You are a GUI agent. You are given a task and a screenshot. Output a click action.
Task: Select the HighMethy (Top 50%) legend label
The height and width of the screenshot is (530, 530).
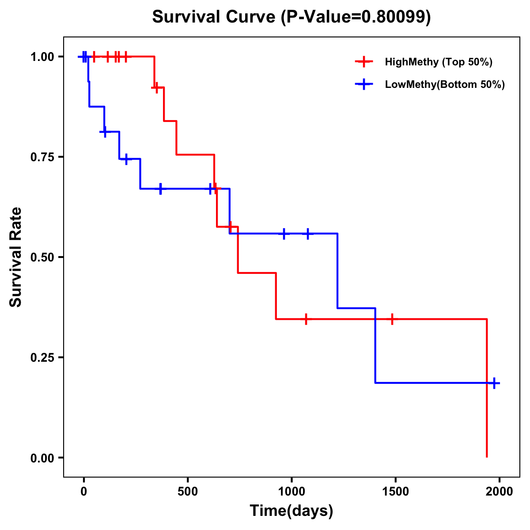click(x=439, y=62)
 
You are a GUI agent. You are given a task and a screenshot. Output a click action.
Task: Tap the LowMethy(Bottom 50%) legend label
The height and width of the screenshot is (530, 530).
click(x=445, y=84)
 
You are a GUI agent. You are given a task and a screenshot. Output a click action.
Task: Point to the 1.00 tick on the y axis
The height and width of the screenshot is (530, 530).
click(x=42, y=57)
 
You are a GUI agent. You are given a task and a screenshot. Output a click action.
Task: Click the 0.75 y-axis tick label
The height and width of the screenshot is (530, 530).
click(x=42, y=157)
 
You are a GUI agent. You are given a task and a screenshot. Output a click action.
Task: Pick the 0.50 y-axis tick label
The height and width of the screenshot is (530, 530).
click(x=42, y=257)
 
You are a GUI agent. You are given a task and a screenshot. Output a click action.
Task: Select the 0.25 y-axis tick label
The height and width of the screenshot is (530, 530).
click(x=42, y=358)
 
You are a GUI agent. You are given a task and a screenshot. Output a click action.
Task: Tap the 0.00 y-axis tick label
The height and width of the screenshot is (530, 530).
click(x=42, y=458)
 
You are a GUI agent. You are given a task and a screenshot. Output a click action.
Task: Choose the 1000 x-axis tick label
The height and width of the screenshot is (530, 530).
click(x=291, y=492)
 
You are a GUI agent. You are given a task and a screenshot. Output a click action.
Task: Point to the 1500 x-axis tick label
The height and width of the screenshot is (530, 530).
click(x=395, y=492)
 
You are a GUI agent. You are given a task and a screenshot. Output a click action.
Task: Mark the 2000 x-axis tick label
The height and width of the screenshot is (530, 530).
click(x=499, y=492)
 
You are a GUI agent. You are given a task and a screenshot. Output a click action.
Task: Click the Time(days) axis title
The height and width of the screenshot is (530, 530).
click(x=291, y=511)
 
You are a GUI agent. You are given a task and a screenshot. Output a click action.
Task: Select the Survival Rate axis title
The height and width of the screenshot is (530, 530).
click(x=16, y=257)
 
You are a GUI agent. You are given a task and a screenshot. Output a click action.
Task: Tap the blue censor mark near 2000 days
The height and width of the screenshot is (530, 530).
click(x=495, y=383)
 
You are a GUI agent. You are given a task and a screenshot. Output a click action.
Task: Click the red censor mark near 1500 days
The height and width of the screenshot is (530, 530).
click(x=392, y=319)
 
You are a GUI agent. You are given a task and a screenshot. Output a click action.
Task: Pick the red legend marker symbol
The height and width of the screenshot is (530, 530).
click(x=363, y=62)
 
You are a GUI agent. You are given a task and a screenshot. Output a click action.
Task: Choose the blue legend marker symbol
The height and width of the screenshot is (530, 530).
click(x=363, y=84)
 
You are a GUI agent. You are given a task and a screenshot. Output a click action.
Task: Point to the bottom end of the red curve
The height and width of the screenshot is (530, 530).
click(x=487, y=457)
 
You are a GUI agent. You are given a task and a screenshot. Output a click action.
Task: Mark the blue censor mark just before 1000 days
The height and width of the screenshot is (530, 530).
click(x=284, y=234)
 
